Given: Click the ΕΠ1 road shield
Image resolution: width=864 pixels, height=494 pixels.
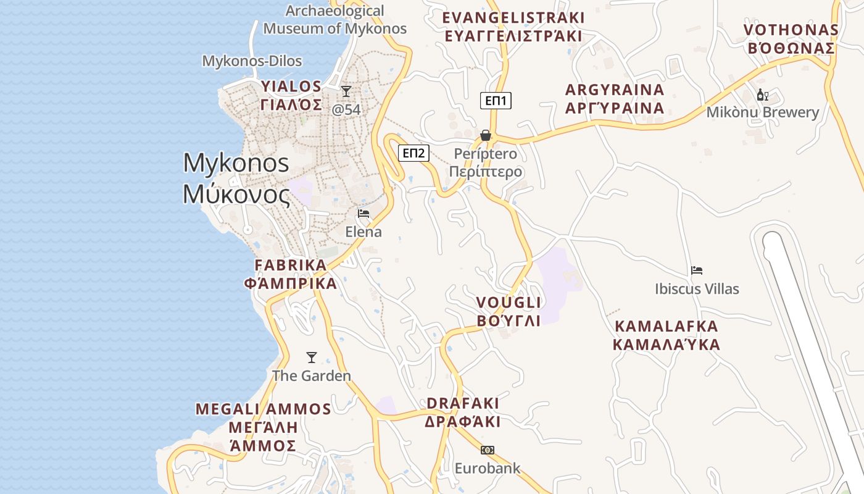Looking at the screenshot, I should [x=496, y=101].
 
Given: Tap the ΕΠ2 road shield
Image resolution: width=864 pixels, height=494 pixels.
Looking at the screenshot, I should [x=413, y=153].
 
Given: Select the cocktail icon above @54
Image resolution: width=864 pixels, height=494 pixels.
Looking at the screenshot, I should [x=346, y=91].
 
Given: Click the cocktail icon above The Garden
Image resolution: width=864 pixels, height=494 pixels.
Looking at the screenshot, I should [x=312, y=358].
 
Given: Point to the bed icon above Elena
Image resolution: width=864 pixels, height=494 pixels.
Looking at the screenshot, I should [x=363, y=214].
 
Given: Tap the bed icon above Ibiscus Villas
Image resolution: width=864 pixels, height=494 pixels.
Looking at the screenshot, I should [x=697, y=270].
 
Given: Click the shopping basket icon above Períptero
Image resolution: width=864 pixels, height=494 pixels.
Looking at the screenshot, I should [x=486, y=135].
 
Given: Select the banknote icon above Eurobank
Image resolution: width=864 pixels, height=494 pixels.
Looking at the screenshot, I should [x=488, y=450].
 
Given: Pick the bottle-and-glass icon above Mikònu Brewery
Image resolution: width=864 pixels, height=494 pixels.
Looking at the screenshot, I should [x=763, y=95].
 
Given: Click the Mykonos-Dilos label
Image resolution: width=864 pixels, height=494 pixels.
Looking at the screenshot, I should [x=252, y=61].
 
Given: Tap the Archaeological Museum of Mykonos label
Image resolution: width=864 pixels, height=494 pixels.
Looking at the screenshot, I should [x=335, y=20].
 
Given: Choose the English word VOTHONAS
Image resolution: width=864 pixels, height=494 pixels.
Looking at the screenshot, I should [x=791, y=30].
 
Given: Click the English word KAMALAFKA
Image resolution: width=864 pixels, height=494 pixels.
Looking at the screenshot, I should [x=667, y=326].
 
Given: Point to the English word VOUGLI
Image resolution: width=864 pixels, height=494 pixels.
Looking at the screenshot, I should [x=509, y=303].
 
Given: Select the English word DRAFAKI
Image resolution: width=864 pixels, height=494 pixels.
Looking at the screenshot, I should [x=463, y=403].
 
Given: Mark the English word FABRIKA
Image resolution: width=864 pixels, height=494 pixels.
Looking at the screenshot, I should [x=291, y=265].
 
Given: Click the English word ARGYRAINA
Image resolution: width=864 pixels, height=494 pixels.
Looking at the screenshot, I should [x=615, y=90].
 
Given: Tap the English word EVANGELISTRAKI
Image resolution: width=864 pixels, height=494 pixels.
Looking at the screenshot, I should [x=513, y=17].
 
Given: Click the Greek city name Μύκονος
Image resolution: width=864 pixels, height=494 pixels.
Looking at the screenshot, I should [x=236, y=195].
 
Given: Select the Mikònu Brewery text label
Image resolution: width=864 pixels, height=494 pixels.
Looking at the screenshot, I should [x=763, y=112].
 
